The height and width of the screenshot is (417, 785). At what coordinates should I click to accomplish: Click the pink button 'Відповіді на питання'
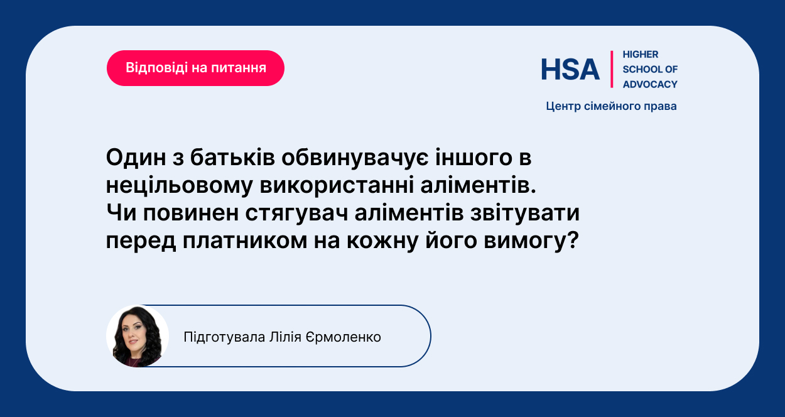[195, 68]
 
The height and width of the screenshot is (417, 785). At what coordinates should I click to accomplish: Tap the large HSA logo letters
[570, 69]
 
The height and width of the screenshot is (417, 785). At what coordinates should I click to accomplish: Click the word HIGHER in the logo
[641, 55]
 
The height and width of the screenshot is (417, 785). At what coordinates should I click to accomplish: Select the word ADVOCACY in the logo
[650, 84]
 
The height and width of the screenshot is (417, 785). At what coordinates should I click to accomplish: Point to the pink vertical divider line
[612, 69]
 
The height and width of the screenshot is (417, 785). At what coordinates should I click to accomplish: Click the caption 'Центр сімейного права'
[611, 106]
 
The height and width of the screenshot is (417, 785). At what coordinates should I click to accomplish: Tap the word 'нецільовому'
[179, 185]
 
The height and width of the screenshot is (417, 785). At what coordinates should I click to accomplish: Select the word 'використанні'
[337, 185]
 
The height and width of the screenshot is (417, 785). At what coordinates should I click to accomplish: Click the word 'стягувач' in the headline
[297, 214]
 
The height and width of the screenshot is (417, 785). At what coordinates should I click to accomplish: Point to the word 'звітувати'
[525, 213]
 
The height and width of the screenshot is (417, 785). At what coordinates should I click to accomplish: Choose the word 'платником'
[245, 241]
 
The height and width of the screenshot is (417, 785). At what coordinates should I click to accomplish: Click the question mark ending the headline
[572, 240]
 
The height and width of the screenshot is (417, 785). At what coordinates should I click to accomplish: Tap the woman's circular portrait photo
[138, 336]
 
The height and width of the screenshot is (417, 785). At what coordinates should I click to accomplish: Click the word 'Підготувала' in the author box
[224, 337]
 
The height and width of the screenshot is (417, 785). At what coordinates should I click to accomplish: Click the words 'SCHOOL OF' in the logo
[650, 69]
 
